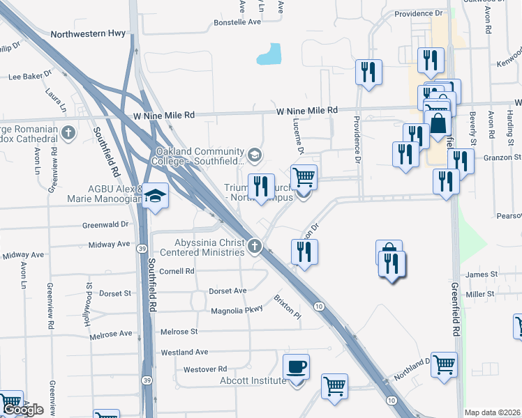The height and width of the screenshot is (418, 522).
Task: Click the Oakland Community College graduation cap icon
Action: click(x=254, y=154)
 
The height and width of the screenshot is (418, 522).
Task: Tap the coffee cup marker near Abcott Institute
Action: click(x=297, y=367)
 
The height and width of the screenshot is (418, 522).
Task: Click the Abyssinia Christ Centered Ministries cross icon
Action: click(x=256, y=246)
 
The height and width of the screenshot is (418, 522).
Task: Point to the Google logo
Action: click(x=22, y=410)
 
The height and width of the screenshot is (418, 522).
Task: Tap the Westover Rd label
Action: click(x=204, y=369)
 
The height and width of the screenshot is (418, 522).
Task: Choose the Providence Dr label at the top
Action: click(x=419, y=13)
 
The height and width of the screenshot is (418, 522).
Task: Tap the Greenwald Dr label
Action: click(x=105, y=224)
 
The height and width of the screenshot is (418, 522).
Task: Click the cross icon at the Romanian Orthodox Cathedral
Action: click(x=68, y=132)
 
